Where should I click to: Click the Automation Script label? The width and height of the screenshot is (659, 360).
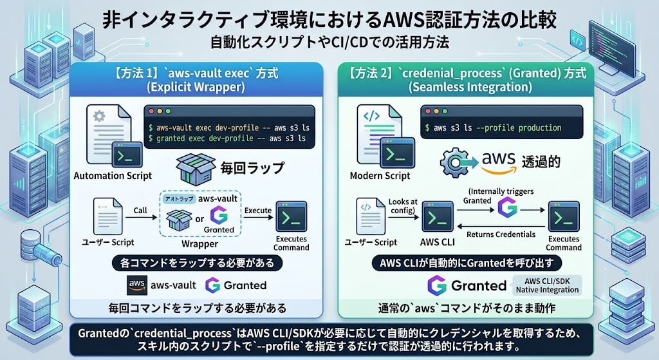click(x=113, y=175)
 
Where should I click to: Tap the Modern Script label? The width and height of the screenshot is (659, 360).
click(x=380, y=175)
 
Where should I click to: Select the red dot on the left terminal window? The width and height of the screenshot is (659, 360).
click(x=151, y=111)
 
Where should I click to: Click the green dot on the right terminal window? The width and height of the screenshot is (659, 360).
click(x=445, y=111)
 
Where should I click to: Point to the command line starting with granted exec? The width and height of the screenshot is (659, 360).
click(x=227, y=138)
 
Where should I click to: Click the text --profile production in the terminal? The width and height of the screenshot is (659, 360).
click(x=519, y=128)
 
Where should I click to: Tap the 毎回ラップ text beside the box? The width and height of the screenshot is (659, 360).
click(x=252, y=168)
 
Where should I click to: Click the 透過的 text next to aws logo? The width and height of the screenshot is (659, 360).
click(x=541, y=162)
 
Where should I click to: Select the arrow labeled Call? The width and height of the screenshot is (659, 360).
click(x=141, y=218)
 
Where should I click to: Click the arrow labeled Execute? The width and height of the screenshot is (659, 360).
click(x=258, y=218)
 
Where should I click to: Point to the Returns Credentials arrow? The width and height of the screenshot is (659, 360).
click(x=501, y=226)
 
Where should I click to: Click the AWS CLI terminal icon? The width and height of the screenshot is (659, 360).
click(x=438, y=218)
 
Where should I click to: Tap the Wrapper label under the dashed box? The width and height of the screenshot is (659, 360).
click(x=200, y=244)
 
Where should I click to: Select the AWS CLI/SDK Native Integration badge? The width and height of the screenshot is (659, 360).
click(x=547, y=285)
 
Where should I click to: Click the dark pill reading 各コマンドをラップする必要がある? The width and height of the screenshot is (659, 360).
click(x=197, y=263)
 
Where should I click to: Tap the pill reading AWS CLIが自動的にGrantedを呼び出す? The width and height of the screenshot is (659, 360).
click(x=467, y=263)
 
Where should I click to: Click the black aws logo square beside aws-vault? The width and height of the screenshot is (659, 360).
click(x=137, y=285)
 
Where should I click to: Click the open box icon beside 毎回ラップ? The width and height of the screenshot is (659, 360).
click(x=196, y=168)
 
